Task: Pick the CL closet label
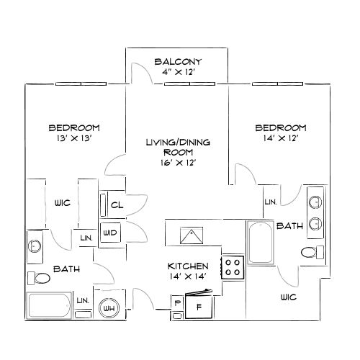tap(117, 204)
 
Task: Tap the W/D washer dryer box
tap(110, 233)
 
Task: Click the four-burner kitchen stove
tap(233, 268)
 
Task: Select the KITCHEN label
tap(189, 266)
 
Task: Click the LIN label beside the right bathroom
tap(271, 202)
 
